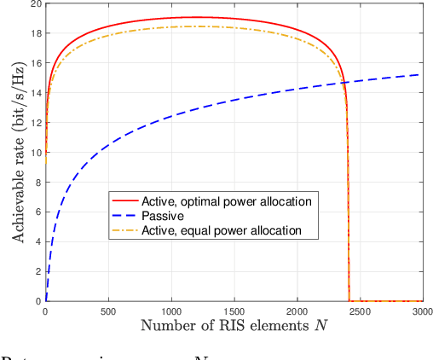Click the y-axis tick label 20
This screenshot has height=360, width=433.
[34, 4]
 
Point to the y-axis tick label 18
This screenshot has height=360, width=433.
[34, 34]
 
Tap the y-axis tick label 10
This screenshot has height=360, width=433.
[34, 153]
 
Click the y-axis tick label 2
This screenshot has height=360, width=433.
[38, 271]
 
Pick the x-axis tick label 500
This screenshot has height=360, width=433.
[108, 312]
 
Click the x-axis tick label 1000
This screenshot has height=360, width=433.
[171, 312]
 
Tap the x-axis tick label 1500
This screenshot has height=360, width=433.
[234, 312]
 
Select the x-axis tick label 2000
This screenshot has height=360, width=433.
[297, 312]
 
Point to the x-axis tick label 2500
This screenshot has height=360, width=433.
[359, 312]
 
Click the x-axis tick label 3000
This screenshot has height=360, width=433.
[421, 312]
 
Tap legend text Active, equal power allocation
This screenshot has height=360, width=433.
[213, 230]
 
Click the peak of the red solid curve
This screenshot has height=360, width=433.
[196, 17]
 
